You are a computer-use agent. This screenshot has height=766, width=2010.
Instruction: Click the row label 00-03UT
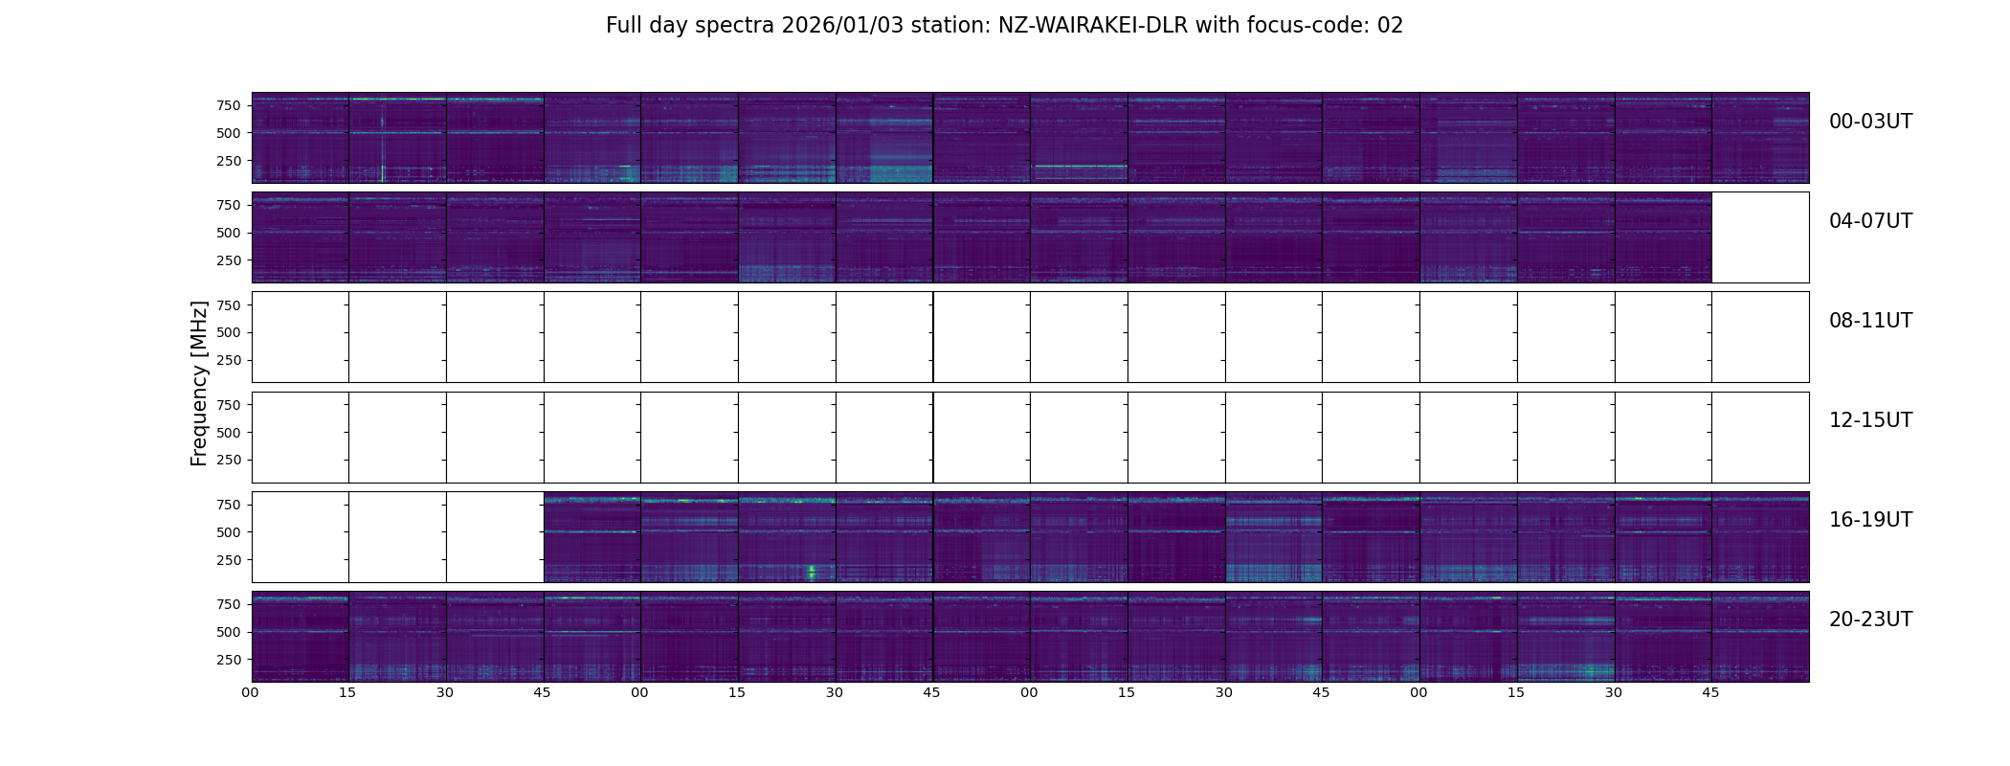pyautogui.click(x=1870, y=122)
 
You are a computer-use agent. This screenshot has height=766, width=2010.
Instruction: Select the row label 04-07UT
pyautogui.click(x=1870, y=221)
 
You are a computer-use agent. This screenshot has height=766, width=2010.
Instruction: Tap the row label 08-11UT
pyautogui.click(x=1870, y=321)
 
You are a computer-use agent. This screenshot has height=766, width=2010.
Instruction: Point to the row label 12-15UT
pyautogui.click(x=1870, y=420)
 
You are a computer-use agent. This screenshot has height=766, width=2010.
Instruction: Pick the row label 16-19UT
pyautogui.click(x=1870, y=520)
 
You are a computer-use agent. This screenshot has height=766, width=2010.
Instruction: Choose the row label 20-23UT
pyautogui.click(x=1870, y=620)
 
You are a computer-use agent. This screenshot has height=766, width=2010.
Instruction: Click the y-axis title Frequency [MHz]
pyautogui.click(x=199, y=383)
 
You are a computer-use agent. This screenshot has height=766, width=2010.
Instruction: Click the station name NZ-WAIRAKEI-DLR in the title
pyautogui.click(x=1092, y=26)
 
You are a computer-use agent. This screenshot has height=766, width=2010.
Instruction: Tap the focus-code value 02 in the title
pyautogui.click(x=1390, y=26)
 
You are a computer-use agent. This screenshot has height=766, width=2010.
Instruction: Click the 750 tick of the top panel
pyautogui.click(x=229, y=105)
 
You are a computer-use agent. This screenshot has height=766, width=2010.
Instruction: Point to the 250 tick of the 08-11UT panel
pyautogui.click(x=229, y=361)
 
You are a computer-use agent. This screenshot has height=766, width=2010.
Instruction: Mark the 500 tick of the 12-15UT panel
pyautogui.click(x=229, y=433)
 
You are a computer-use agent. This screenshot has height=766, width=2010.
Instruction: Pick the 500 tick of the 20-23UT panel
pyautogui.click(x=229, y=632)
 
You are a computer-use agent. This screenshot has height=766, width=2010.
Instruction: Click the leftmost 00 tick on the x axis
pyautogui.click(x=251, y=692)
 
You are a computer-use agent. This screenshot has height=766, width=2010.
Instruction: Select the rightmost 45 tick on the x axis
pyautogui.click(x=1710, y=692)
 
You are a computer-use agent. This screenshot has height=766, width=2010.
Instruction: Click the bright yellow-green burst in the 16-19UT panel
pyautogui.click(x=812, y=573)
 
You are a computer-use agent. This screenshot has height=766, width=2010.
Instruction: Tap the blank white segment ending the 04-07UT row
pyautogui.click(x=1759, y=237)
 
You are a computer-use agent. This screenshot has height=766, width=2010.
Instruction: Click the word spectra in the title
pyautogui.click(x=736, y=26)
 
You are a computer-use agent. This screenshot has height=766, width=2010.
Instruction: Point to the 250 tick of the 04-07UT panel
pyautogui.click(x=229, y=260)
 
